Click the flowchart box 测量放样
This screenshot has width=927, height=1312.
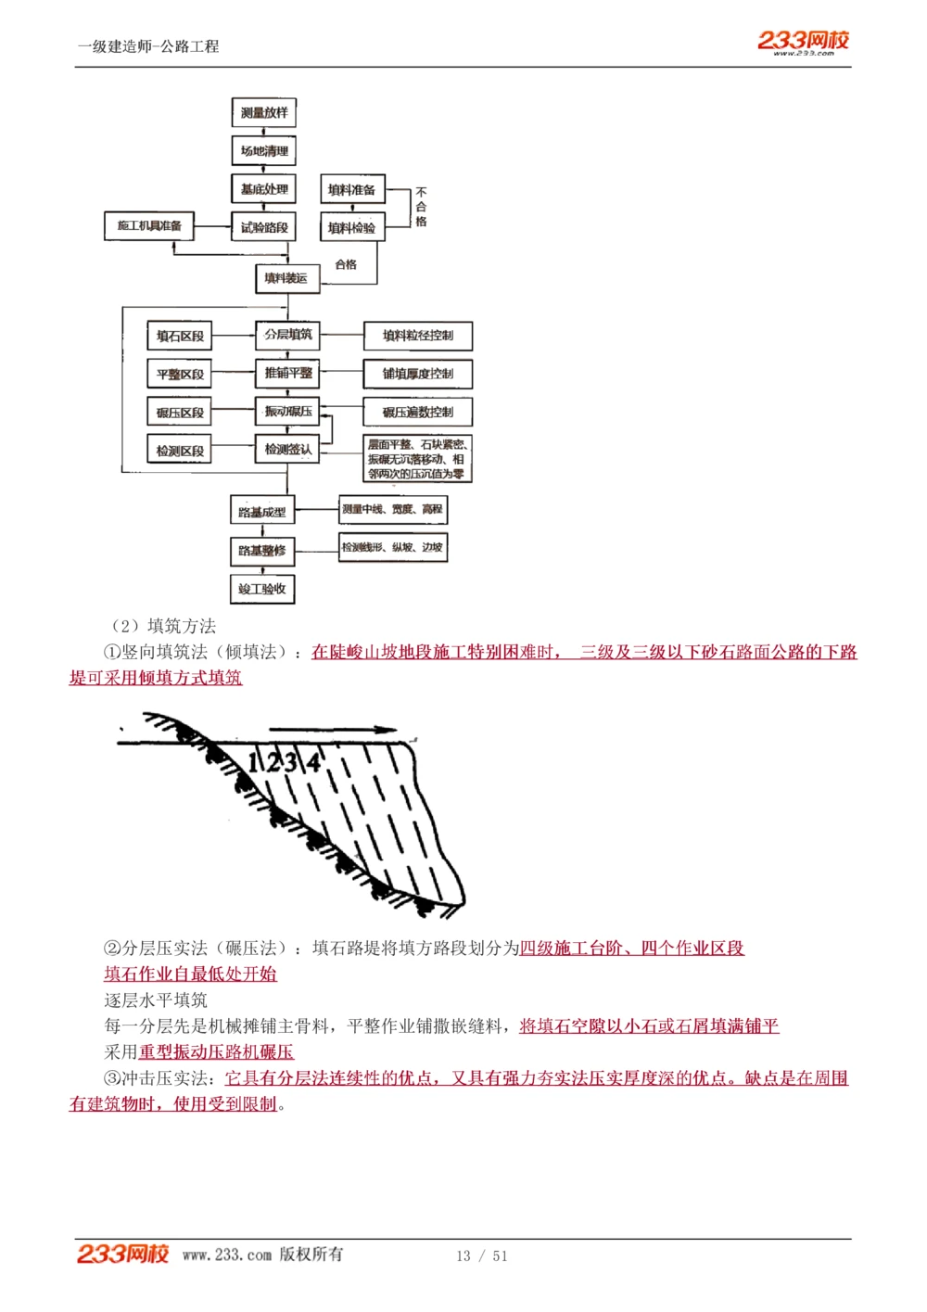click(x=263, y=113)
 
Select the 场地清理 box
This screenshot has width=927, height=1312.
click(x=263, y=151)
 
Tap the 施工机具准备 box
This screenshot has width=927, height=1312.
click(x=149, y=225)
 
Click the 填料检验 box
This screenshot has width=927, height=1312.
click(x=351, y=227)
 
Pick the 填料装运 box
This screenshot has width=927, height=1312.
click(x=286, y=278)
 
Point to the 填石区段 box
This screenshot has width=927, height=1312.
click(x=180, y=336)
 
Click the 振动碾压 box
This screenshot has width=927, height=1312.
click(x=287, y=411)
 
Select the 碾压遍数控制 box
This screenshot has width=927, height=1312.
click(x=417, y=412)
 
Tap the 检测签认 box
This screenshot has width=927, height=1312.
click(x=287, y=450)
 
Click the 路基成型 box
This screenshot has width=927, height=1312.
click(x=262, y=512)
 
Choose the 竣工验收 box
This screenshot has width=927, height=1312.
click(x=262, y=589)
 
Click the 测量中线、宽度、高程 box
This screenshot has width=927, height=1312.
click(x=392, y=509)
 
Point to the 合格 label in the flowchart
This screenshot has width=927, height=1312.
click(x=346, y=264)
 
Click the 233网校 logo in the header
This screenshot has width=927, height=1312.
click(x=803, y=41)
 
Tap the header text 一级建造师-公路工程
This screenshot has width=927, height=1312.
click(x=148, y=46)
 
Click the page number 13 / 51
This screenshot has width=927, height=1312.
click(x=481, y=1255)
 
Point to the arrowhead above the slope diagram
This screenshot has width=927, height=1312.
click(x=387, y=730)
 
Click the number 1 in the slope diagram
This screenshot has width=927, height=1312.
click(x=254, y=763)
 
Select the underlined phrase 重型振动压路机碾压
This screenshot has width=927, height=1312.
click(x=216, y=1051)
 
